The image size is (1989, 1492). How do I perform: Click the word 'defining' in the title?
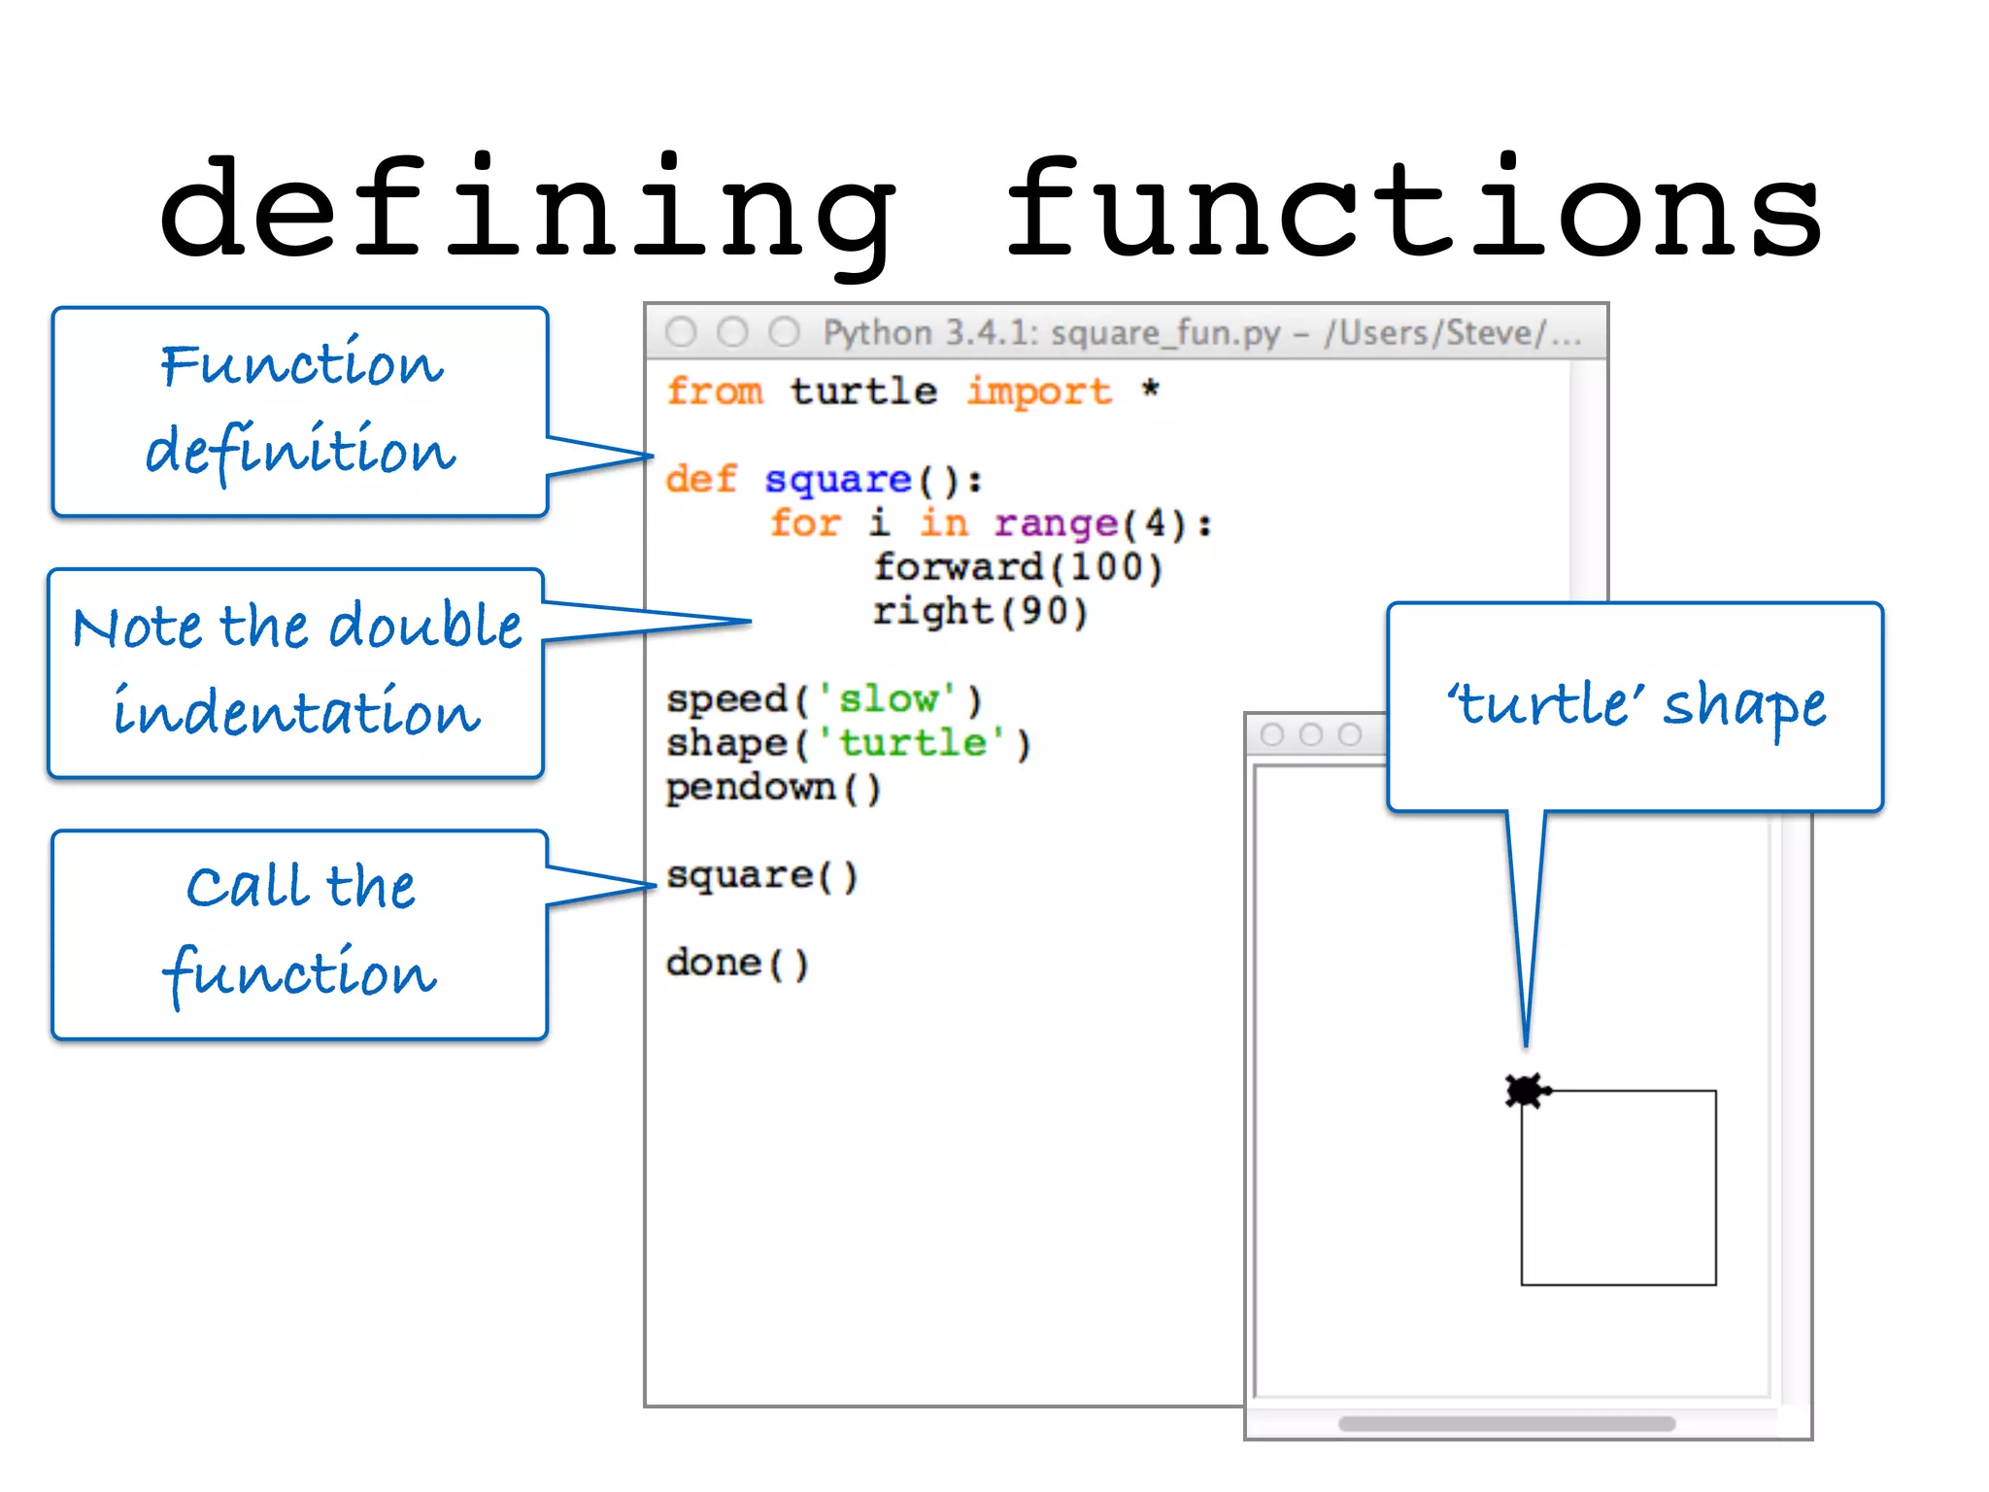(529, 209)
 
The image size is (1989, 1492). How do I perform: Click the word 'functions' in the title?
(1413, 209)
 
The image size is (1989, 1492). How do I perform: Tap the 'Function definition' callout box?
(300, 412)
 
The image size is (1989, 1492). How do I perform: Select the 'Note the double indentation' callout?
(296, 672)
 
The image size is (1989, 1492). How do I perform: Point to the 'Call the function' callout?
(300, 934)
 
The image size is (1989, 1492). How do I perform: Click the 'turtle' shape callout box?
(1635, 706)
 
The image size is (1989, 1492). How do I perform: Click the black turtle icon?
(1526, 1091)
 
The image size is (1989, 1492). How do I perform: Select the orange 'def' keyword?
(701, 479)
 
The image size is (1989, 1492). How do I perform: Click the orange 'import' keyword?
(1038, 391)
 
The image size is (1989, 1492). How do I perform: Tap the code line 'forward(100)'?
(1017, 567)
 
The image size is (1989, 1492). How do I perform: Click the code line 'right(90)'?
(979, 611)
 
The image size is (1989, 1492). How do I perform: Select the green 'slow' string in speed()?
(889, 699)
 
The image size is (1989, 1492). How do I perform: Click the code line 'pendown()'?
(773, 787)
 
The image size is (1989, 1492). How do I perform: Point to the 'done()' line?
(736, 963)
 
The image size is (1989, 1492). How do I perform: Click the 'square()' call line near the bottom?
(761, 875)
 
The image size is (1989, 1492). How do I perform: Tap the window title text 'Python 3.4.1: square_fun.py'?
(1052, 333)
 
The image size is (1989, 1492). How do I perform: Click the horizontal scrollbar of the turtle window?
(1505, 1423)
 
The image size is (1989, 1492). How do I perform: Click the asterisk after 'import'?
(1151, 390)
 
